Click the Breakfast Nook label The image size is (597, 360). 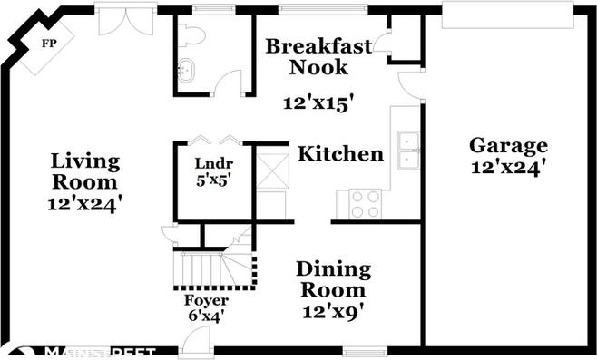click(x=306, y=56)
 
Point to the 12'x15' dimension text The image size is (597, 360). click(x=318, y=103)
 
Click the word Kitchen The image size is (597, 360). click(x=341, y=154)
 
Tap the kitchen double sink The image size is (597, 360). click(x=408, y=151)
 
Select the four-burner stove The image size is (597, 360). click(x=365, y=204)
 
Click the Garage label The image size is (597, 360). click(x=508, y=146)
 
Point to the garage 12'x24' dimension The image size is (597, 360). click(x=508, y=168)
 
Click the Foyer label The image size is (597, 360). click(x=206, y=300)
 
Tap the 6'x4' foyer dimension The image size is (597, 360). click(x=206, y=316)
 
